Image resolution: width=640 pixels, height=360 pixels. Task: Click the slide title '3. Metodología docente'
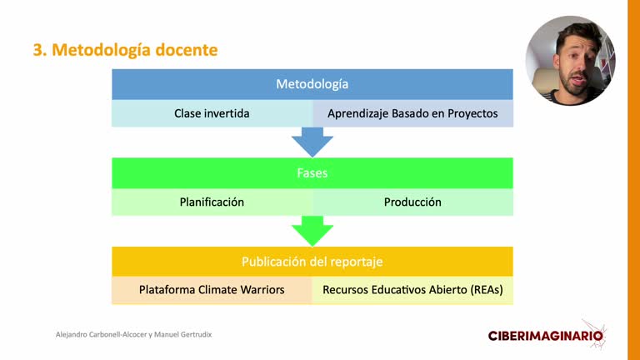click(x=125, y=50)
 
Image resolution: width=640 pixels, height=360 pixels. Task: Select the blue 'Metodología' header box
click(x=312, y=84)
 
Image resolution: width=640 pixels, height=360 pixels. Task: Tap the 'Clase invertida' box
click(x=212, y=113)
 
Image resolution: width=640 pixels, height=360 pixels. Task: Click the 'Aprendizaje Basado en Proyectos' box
click(x=412, y=113)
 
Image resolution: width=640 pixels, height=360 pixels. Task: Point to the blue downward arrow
click(x=312, y=142)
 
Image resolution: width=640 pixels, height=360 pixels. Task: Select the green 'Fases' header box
click(x=312, y=173)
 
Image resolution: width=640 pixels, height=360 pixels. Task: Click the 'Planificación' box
click(x=212, y=202)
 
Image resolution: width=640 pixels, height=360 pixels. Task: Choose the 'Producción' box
click(x=412, y=202)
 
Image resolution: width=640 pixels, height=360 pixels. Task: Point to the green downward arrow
click(x=312, y=231)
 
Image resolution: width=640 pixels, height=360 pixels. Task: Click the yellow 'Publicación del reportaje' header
click(x=312, y=262)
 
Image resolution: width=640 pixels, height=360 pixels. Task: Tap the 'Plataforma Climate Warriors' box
click(x=212, y=290)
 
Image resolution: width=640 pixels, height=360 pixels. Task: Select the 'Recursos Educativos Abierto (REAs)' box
click(x=412, y=290)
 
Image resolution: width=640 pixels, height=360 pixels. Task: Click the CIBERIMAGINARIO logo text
click(x=545, y=336)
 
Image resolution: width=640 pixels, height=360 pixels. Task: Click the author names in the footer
click(x=133, y=335)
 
